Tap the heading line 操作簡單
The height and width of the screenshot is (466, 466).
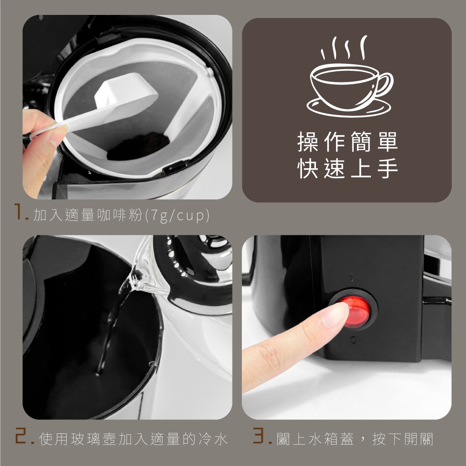click(x=348, y=142)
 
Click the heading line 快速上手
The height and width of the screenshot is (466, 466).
click(x=348, y=168)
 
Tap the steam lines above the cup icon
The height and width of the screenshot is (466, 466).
click(x=344, y=48)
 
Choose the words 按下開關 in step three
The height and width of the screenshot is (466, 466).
click(x=403, y=439)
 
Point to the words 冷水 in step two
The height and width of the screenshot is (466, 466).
click(x=213, y=439)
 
